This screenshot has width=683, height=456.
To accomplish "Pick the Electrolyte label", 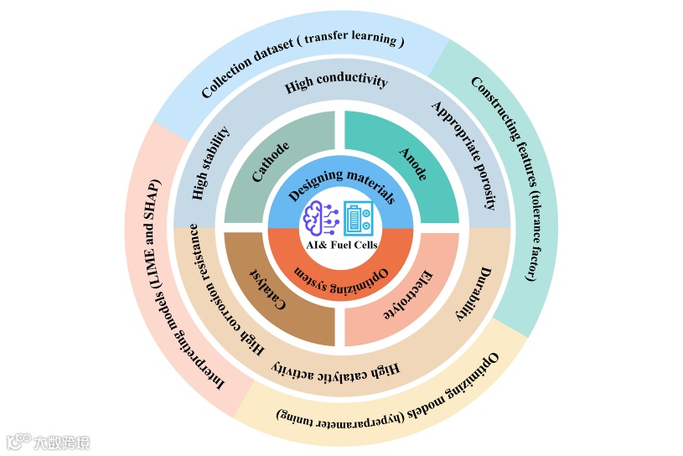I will tap(410, 294).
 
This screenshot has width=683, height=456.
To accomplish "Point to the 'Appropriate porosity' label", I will tap(470, 154).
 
